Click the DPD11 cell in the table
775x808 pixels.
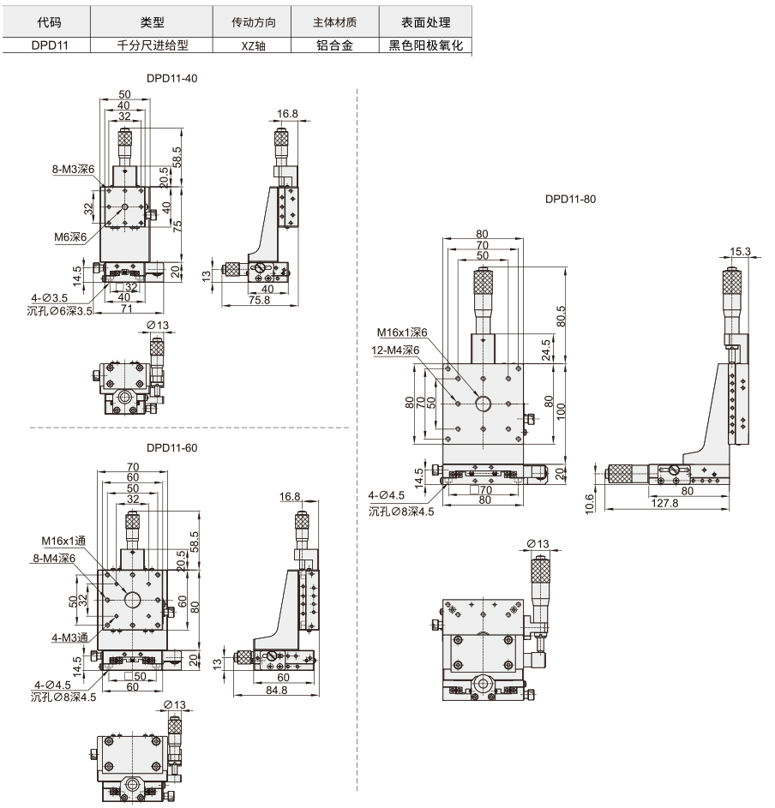point(50,45)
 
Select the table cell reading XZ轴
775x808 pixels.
point(253,46)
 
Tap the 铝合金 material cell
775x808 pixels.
point(334,45)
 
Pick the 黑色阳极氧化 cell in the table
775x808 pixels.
point(425,45)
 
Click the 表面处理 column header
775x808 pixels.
point(425,22)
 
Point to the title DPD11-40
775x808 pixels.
point(171,78)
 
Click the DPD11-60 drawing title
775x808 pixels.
point(171,448)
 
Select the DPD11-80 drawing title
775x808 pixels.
point(570,199)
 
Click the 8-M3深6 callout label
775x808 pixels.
point(73,169)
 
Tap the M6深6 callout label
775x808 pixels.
point(70,237)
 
